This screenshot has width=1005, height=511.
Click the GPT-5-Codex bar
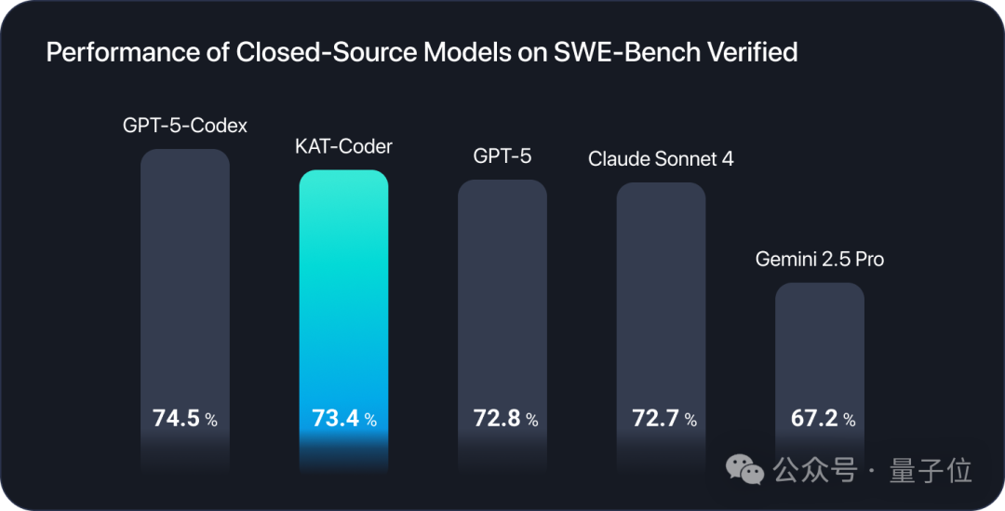pyautogui.click(x=185, y=279)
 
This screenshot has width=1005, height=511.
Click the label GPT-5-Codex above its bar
pyautogui.click(x=185, y=125)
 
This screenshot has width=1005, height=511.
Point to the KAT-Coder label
pyautogui.click(x=343, y=146)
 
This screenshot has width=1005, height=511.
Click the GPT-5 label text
pyautogui.click(x=502, y=155)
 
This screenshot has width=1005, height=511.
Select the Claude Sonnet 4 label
pyautogui.click(x=661, y=158)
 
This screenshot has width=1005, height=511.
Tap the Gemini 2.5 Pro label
pyautogui.click(x=820, y=259)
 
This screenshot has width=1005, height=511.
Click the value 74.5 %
pyautogui.click(x=185, y=419)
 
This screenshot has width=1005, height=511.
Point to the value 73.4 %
pyautogui.click(x=343, y=419)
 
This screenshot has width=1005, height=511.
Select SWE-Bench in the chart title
pyautogui.click(x=610, y=52)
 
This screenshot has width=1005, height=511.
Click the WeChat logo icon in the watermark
pyautogui.click(x=746, y=469)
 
